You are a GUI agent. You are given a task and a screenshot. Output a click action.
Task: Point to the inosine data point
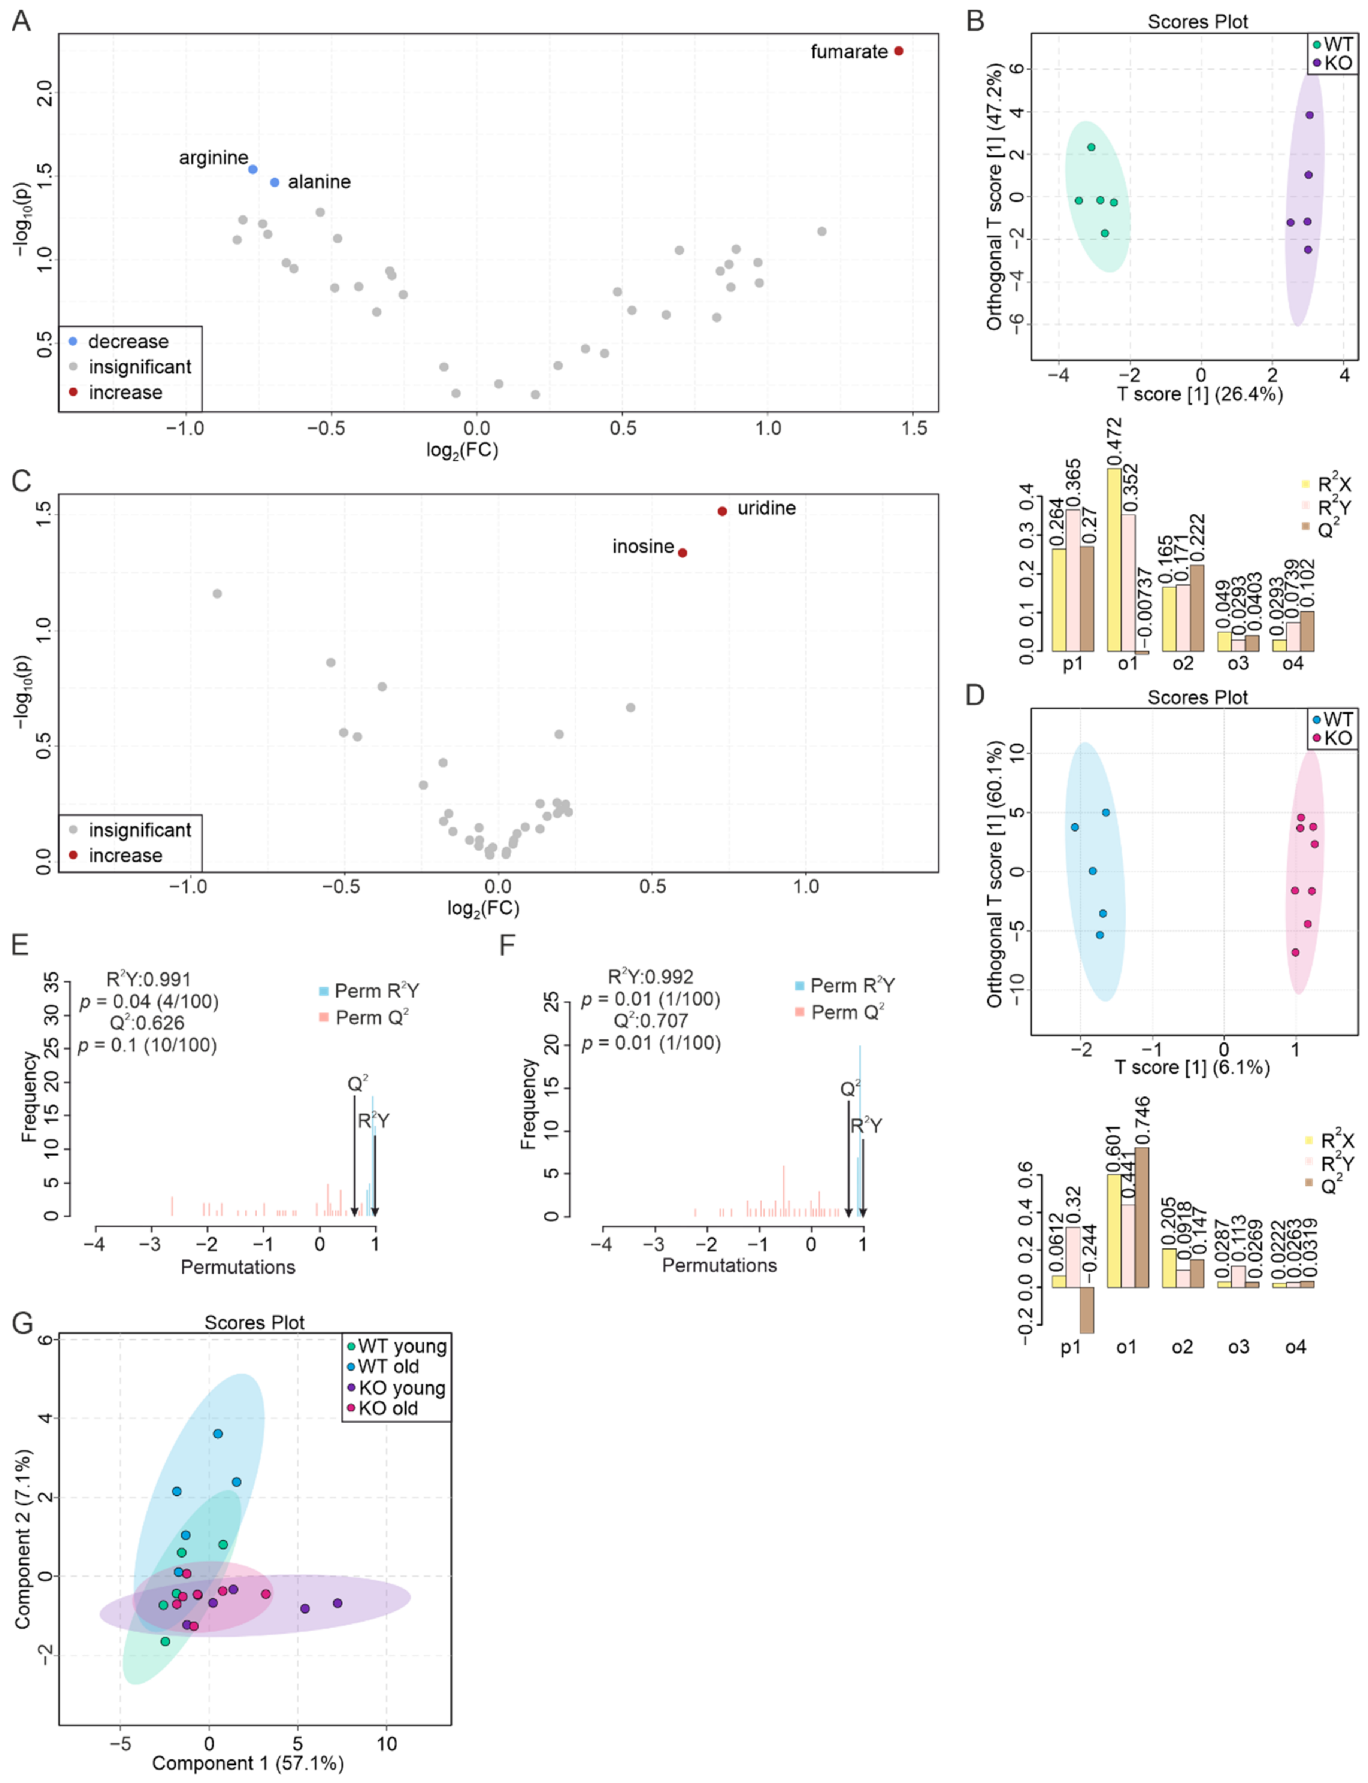click(683, 553)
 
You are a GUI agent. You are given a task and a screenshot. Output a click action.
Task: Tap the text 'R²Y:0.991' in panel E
click(148, 980)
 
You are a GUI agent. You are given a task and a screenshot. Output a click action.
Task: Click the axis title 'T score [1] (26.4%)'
click(1199, 394)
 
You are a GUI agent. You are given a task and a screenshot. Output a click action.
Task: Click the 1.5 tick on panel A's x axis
click(915, 428)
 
